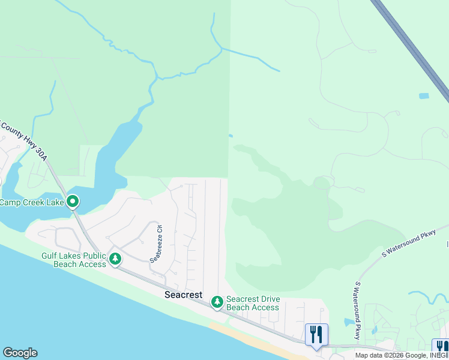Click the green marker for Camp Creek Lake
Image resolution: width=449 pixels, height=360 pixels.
[73, 202]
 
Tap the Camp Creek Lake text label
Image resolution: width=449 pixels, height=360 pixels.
[32, 202]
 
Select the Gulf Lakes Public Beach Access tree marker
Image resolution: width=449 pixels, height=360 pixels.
[115, 259]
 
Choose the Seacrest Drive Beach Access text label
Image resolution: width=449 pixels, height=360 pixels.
[253, 304]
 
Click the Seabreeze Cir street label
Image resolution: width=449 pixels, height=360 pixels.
[157, 244]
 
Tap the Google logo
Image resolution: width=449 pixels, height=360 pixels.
[20, 353]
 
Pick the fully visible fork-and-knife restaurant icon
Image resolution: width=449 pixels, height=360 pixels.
[316, 334]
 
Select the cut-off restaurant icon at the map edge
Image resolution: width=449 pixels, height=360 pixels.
[442, 347]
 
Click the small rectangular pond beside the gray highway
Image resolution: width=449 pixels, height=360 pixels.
[424, 96]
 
